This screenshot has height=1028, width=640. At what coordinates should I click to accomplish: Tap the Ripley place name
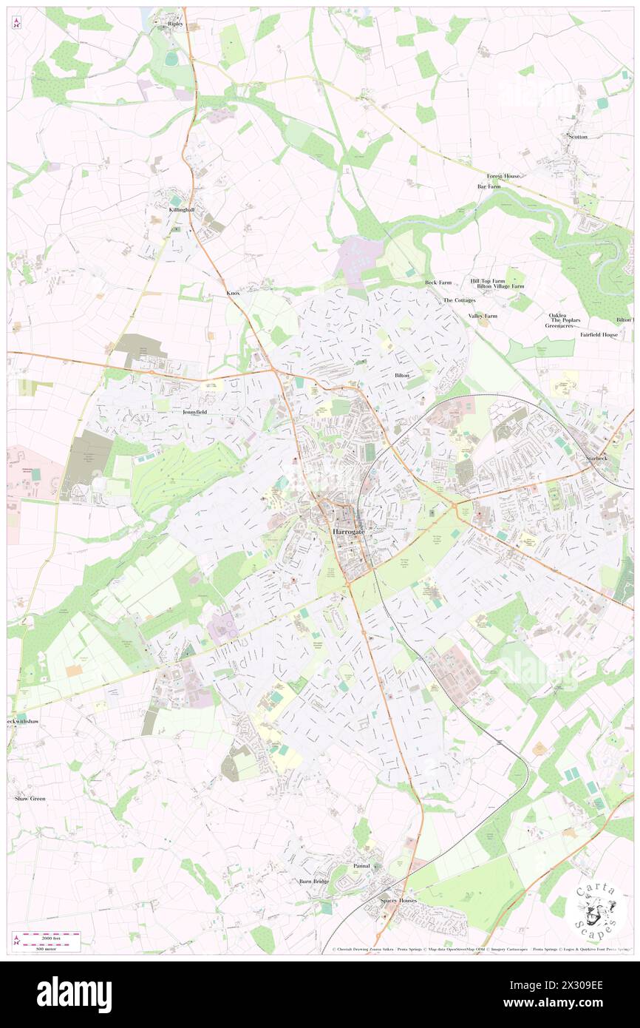coord(175,24)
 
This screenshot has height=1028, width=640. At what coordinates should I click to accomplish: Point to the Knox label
coord(233,293)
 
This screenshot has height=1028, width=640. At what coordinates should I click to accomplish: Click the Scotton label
coord(577,137)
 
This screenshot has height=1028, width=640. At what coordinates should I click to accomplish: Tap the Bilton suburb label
coord(401,376)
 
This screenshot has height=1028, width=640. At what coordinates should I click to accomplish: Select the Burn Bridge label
coord(313,881)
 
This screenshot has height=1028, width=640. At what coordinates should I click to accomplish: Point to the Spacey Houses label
coord(398,900)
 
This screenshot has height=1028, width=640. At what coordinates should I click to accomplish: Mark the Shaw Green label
coord(30,799)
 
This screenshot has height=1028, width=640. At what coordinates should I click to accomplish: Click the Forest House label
coord(503,176)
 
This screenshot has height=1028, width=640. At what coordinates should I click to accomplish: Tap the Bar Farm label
coord(488,186)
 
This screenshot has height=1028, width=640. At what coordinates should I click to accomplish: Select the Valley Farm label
coord(483,316)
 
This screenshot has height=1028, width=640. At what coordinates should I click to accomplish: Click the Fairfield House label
coord(599,334)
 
